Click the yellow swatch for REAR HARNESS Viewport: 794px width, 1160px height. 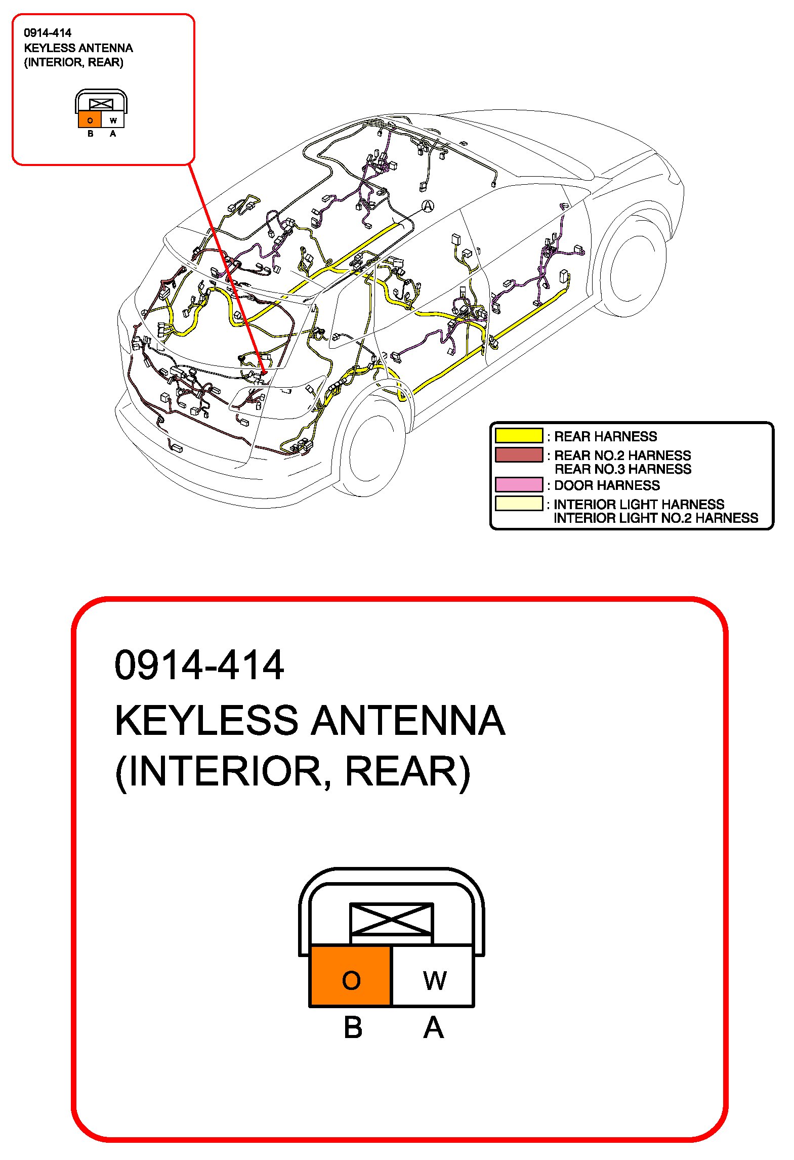click(x=519, y=436)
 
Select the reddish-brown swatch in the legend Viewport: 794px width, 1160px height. click(x=519, y=454)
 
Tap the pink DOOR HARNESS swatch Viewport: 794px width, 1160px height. click(x=519, y=484)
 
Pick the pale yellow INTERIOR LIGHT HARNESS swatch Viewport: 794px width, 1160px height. click(x=519, y=504)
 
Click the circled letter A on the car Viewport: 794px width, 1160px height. click(x=428, y=206)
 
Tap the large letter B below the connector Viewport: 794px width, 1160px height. click(x=353, y=1028)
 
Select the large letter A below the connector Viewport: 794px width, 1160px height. click(x=433, y=1028)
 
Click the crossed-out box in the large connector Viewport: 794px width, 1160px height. click(x=392, y=920)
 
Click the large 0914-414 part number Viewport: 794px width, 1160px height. click(x=199, y=665)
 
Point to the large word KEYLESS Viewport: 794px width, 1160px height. click(x=206, y=721)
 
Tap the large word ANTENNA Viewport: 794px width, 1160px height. click(x=408, y=721)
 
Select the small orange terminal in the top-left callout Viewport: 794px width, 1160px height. click(x=90, y=120)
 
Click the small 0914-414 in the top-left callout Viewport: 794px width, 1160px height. click(x=48, y=33)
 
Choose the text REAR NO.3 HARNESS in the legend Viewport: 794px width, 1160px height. click(x=622, y=469)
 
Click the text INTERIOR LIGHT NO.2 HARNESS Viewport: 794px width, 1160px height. click(x=656, y=518)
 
